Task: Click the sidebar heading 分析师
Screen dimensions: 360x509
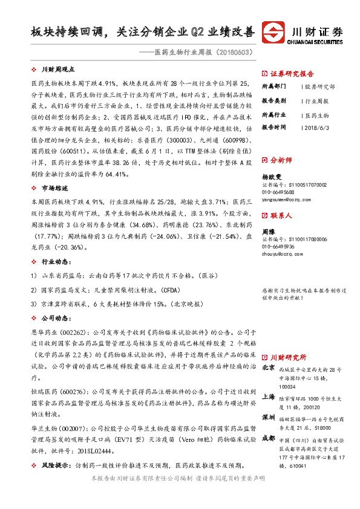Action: click(x=281, y=160)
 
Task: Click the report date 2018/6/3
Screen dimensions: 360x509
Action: click(x=316, y=128)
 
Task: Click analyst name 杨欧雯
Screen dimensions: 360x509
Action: click(x=272, y=176)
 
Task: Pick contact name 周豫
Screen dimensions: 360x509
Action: click(x=268, y=231)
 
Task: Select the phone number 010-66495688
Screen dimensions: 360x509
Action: click(x=282, y=192)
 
